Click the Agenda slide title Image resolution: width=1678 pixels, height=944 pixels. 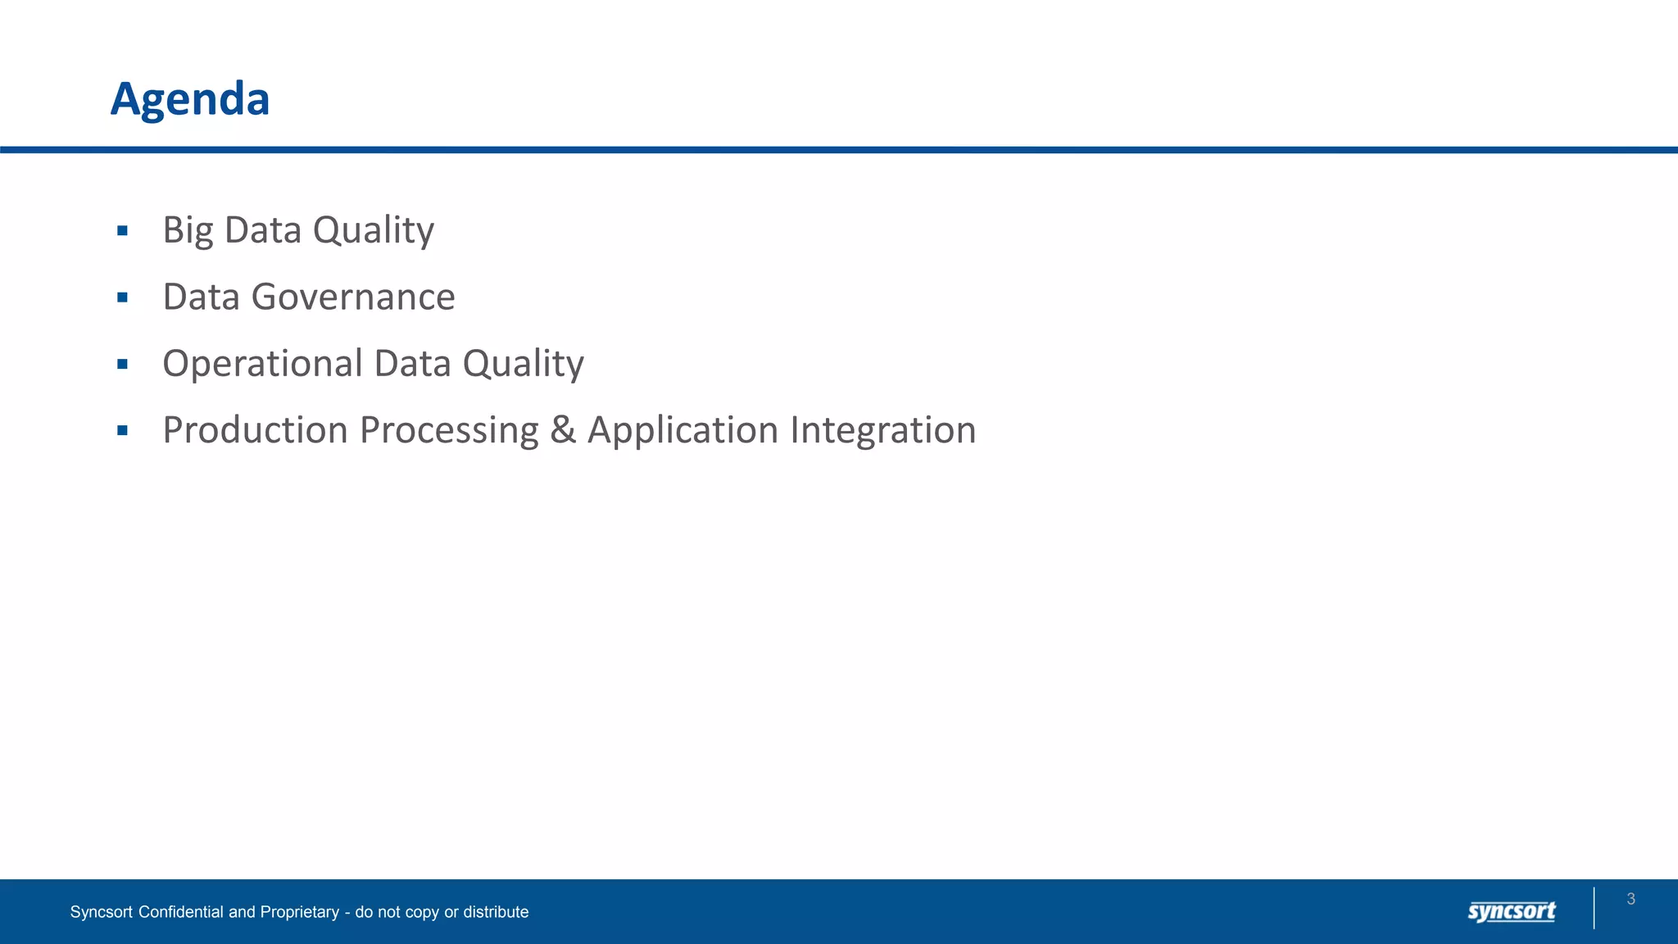[190, 99]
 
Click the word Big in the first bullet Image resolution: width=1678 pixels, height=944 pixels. [188, 230]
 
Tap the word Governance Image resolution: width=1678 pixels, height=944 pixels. [352, 297]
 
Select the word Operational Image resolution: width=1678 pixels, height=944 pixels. [262, 364]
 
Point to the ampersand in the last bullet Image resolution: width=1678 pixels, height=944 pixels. [563, 430]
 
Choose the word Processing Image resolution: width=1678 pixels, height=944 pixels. [449, 430]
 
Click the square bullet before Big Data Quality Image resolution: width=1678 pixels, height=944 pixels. [123, 231]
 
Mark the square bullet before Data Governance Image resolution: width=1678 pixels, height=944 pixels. [123, 297]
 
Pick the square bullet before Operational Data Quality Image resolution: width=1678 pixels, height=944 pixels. [123, 364]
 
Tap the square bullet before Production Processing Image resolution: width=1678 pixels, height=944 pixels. [123, 430]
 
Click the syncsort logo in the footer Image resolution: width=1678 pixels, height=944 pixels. [1512, 911]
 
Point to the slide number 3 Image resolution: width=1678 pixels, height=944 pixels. [1630, 899]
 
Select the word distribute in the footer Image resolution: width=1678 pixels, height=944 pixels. [496, 912]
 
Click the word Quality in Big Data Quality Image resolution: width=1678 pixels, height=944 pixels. [373, 230]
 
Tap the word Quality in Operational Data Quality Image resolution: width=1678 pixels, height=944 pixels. [523, 364]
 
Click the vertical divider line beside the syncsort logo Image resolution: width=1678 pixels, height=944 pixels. [1594, 908]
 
